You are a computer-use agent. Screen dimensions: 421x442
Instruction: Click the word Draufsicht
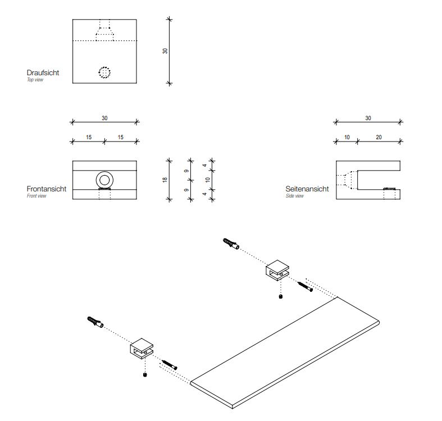43,73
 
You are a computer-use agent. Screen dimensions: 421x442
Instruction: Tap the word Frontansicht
47,189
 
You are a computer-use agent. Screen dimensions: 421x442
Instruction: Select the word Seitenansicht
307,189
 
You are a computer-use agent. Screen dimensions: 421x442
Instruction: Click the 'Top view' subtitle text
35,80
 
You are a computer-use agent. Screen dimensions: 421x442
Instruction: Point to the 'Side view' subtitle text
295,196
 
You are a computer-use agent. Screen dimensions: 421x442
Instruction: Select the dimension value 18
165,180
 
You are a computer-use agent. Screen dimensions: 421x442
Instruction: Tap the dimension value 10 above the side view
347,137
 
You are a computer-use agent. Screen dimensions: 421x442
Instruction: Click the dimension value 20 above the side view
379,137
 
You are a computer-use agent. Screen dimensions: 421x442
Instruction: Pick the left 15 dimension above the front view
89,137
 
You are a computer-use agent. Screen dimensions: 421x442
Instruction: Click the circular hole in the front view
105,180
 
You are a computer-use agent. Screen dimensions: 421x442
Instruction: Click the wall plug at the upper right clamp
231,245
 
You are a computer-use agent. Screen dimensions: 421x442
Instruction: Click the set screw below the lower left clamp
145,374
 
